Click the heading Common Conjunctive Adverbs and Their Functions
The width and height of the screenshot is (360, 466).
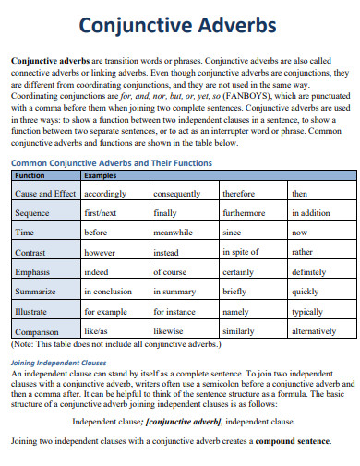coord(112,162)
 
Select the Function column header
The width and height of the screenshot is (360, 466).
coord(30,174)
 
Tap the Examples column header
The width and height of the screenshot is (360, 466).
coord(100,174)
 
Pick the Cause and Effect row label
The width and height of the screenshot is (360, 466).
coord(45,195)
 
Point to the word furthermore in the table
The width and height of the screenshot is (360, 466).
coord(244,212)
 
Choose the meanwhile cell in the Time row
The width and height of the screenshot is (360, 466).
coord(174,233)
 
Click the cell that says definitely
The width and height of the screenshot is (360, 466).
coord(308,272)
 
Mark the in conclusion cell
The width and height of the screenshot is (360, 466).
coord(108,292)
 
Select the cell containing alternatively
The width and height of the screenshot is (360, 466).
coord(314,330)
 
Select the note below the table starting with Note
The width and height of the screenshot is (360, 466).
coord(115,343)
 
